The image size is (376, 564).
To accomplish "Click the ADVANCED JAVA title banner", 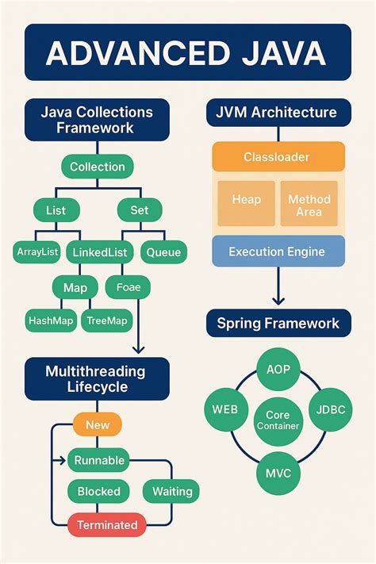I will coord(187,52).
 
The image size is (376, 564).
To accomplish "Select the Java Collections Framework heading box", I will coord(97,120).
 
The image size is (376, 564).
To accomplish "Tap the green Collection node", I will coord(97,167).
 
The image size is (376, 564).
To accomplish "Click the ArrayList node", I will coord(38,252).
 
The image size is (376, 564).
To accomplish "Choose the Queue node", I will coord(163,252).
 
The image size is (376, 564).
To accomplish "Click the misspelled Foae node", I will coord(129,286).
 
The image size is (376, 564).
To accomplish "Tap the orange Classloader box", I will coord(278,156).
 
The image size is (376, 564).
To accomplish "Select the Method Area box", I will coord(309,205).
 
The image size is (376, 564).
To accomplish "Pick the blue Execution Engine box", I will coord(278,251).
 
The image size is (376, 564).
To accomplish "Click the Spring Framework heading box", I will coord(278,323).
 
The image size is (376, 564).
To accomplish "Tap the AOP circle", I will coord(278,370).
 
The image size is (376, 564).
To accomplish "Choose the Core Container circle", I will coord(278,420).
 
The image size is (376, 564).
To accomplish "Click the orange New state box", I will coord(98,425).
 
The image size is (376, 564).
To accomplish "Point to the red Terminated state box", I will coord(107,524).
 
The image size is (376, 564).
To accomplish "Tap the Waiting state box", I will coord(171,491).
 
